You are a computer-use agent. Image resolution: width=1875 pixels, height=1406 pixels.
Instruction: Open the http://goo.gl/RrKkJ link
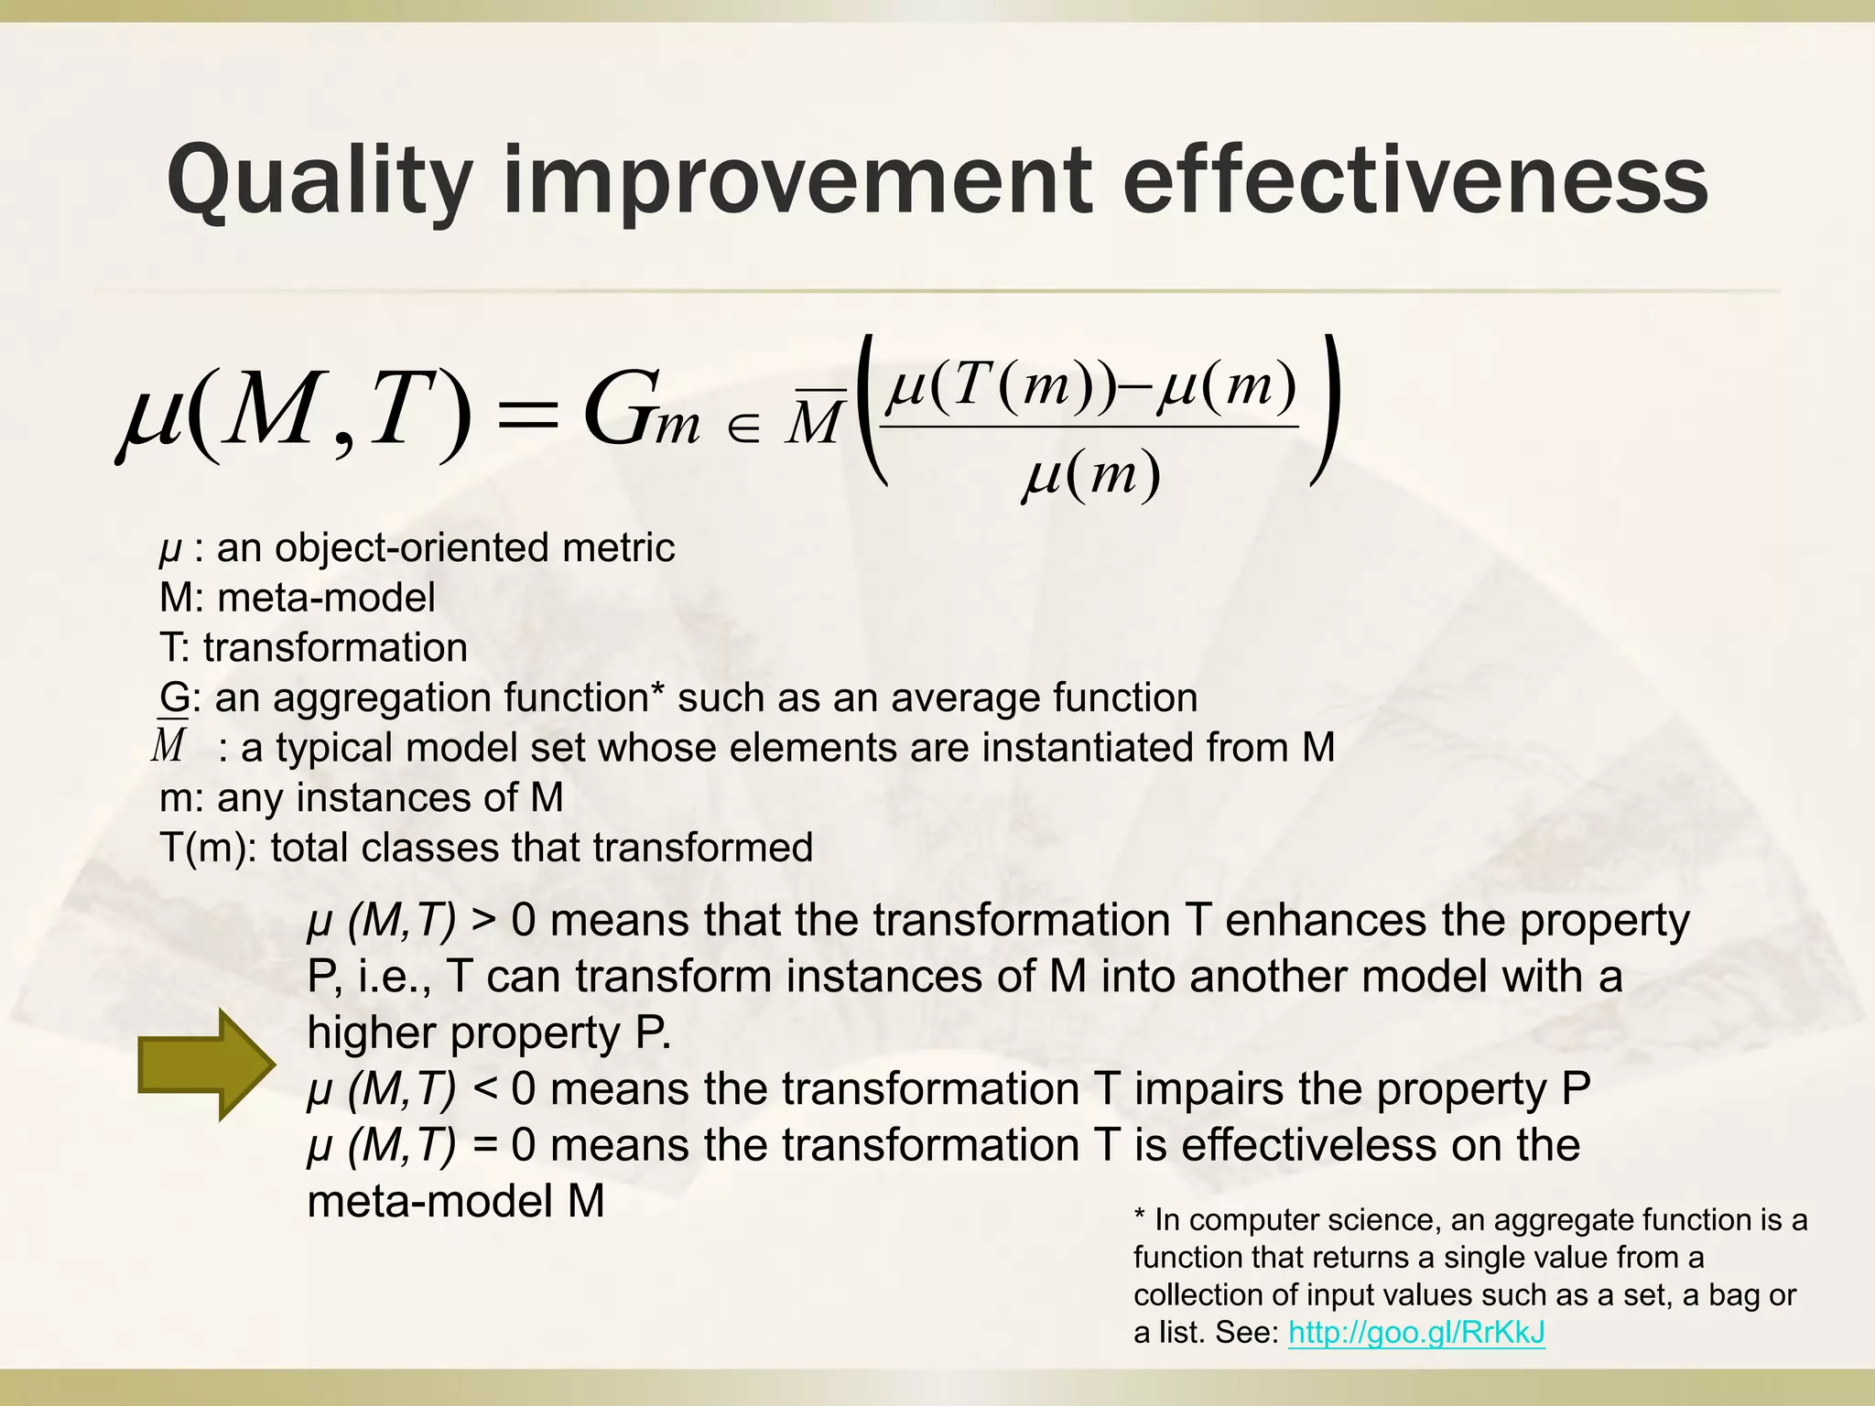point(1416,1332)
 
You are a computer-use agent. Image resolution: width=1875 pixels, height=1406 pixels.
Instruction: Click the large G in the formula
point(616,411)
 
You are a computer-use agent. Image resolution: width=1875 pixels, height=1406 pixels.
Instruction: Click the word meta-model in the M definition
point(326,598)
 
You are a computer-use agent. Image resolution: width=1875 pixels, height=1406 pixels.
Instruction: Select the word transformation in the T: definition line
point(335,648)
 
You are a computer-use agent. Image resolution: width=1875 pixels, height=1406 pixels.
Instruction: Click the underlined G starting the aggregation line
point(174,698)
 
